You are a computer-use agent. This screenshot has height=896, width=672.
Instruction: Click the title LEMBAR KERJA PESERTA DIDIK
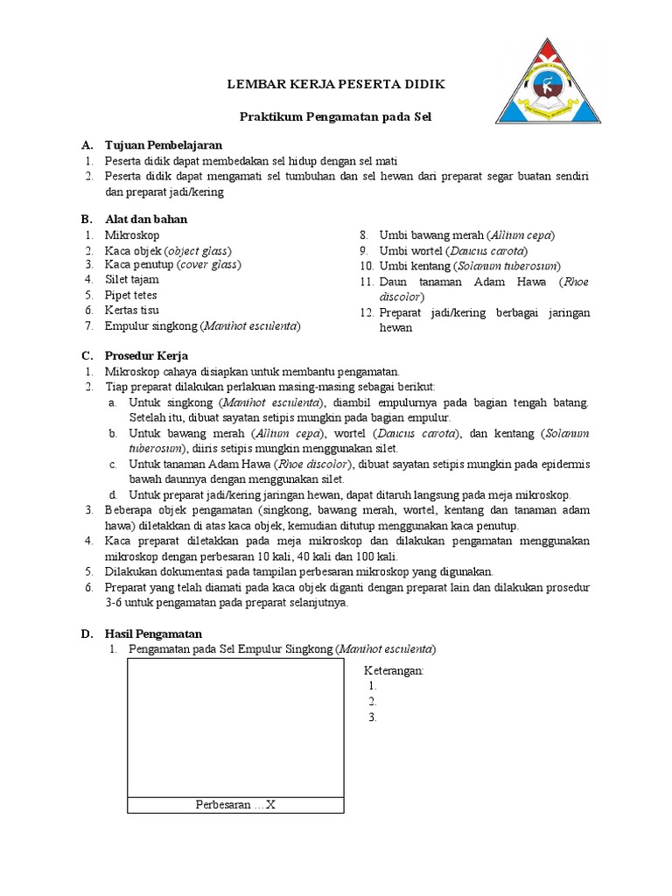tap(336, 84)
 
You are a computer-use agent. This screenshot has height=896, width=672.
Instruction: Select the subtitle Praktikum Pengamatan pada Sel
tap(336, 116)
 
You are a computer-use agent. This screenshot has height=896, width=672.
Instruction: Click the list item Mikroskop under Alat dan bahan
tap(131, 235)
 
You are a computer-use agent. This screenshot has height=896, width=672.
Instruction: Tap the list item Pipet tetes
tap(133, 295)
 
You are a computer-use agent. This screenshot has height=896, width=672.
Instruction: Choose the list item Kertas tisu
tap(131, 310)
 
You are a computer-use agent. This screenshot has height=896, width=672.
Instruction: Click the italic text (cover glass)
tap(209, 264)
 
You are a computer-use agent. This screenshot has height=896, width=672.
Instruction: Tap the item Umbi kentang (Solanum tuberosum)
tap(470, 265)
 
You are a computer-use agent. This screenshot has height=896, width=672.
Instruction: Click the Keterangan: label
tap(394, 670)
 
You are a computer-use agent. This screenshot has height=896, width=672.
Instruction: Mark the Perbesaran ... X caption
tap(235, 805)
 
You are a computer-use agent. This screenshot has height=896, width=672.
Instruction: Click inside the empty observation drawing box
tap(235, 726)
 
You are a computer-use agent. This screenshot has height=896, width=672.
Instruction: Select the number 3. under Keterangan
tap(373, 717)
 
